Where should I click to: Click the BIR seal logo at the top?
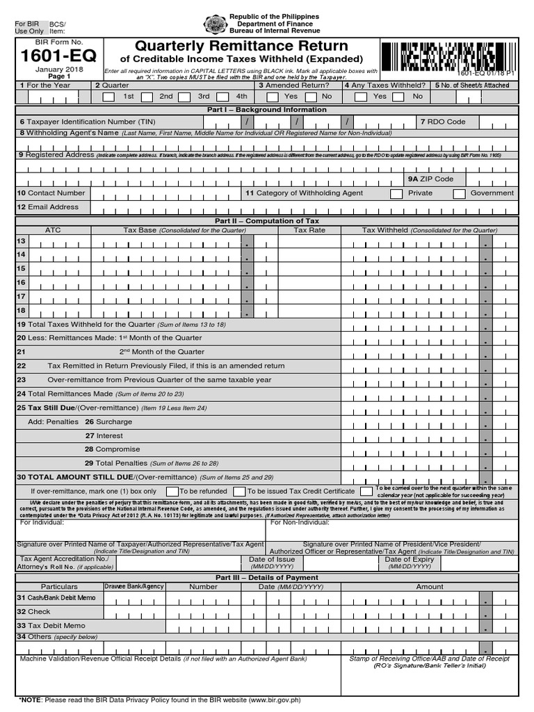coord(214,24)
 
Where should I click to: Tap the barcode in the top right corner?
coord(448,56)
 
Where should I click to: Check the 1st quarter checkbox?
coord(108,97)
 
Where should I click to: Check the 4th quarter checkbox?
coord(222,97)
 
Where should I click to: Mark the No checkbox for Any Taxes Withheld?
coord(398,97)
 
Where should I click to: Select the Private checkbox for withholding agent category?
coord(396,194)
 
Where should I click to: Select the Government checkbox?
coord(459,194)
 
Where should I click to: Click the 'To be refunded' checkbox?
coord(171,492)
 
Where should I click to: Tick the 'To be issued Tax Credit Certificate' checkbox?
coord(239,492)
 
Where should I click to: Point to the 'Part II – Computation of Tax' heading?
coord(267,220)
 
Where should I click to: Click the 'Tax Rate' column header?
coord(309,229)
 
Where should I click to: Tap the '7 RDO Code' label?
coord(443,122)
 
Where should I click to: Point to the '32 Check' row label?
coord(34,612)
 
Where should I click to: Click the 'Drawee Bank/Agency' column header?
coord(133,586)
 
